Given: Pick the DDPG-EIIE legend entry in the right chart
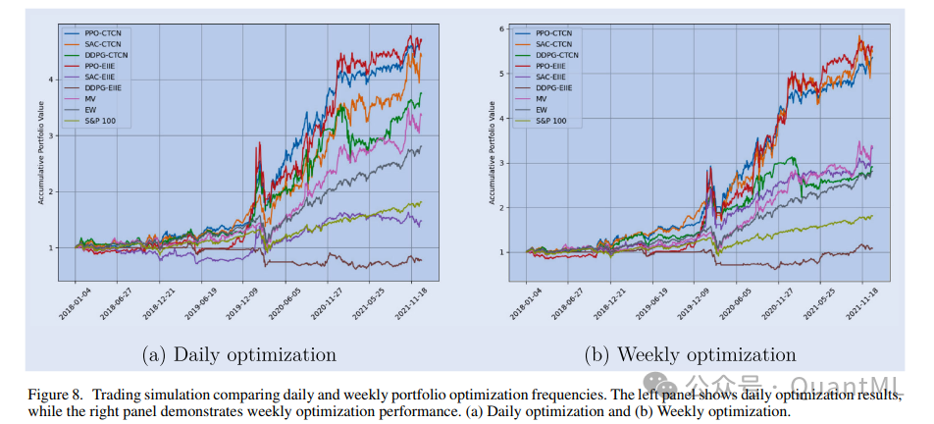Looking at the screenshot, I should [x=555, y=88].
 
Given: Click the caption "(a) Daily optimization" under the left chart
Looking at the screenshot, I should [x=238, y=354].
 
